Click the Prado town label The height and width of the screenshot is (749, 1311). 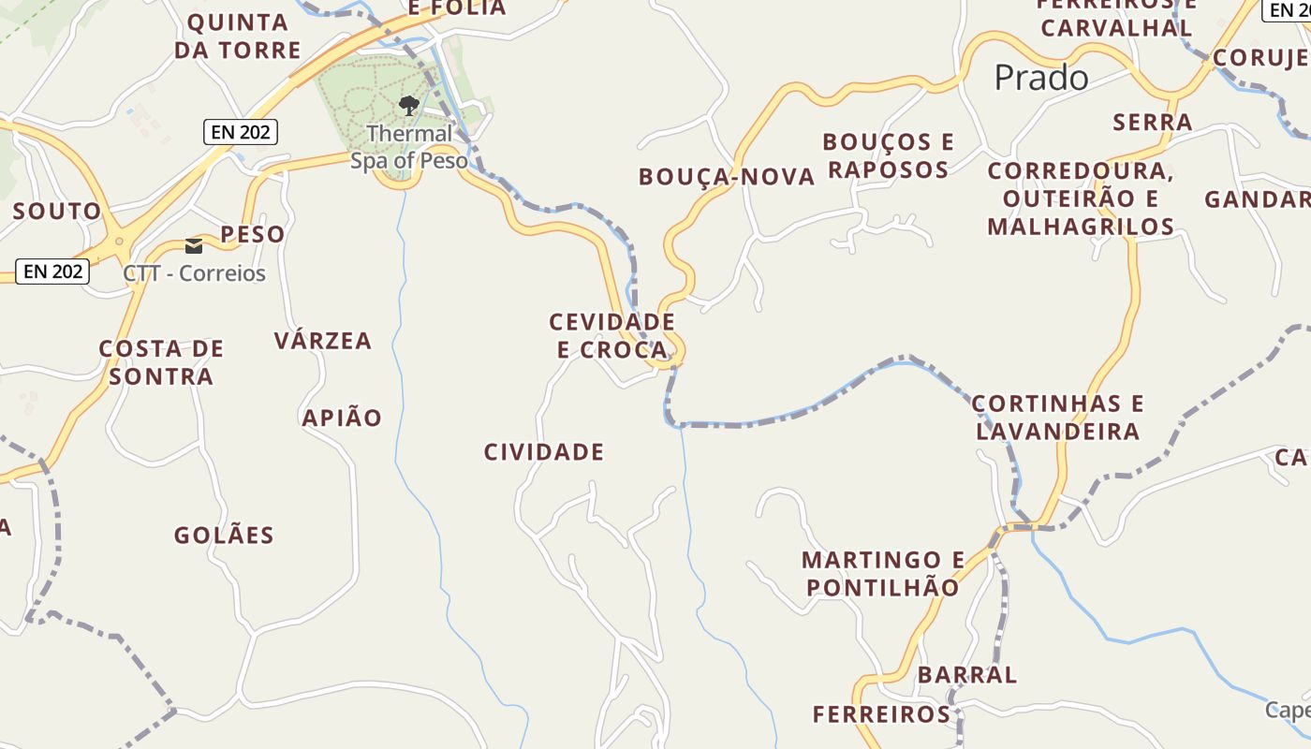tap(1041, 78)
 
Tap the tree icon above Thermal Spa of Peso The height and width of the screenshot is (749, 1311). tap(408, 105)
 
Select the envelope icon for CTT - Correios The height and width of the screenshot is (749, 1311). tap(194, 246)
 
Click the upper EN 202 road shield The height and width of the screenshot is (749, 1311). tap(241, 132)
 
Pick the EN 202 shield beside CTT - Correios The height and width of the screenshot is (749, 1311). tap(53, 272)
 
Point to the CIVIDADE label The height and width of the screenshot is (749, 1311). tap(544, 452)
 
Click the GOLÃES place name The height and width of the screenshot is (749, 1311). tap(224, 536)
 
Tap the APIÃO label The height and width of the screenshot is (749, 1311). tap(342, 418)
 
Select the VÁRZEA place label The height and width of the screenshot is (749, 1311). tap(323, 341)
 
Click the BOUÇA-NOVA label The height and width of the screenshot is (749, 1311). tap(727, 177)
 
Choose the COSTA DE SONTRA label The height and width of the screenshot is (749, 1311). tap(162, 362)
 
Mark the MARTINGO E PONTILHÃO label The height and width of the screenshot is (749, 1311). tap(883, 574)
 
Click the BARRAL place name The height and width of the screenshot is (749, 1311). tap(967, 674)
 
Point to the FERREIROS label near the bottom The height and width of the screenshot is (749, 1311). tap(881, 714)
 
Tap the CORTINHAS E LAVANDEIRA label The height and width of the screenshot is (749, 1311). tap(1058, 418)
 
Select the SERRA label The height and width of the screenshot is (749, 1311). tap(1153, 122)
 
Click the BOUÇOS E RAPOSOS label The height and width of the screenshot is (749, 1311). tap(889, 155)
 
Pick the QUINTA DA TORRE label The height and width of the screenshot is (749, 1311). tap(238, 36)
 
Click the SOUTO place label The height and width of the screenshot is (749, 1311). tap(56, 211)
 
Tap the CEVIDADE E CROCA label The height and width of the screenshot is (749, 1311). tap(612, 335)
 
